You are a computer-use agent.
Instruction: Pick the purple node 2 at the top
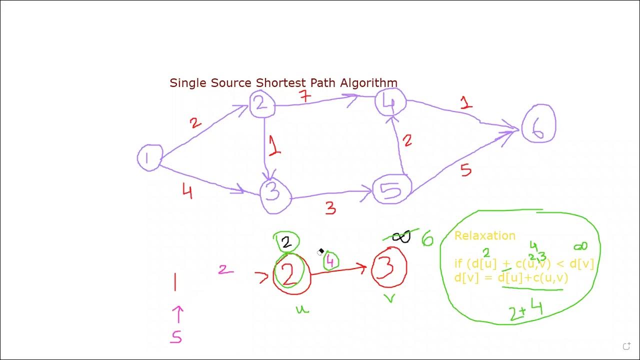[x=262, y=104]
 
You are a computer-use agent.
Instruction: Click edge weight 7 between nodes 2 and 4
[x=304, y=96]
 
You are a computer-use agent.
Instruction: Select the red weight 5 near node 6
[x=466, y=170]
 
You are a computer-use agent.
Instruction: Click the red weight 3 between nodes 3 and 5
[x=330, y=208]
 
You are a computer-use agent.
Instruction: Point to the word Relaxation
[x=484, y=236]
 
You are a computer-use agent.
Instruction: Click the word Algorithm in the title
[x=368, y=83]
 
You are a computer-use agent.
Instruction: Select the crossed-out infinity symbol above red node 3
[x=400, y=237]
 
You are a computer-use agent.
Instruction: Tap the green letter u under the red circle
[x=301, y=309]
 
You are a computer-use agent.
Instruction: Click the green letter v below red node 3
[x=389, y=299]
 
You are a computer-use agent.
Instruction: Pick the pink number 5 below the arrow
[x=176, y=337]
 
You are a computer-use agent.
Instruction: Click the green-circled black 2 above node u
[x=286, y=242]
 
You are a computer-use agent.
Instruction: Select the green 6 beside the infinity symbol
[x=427, y=238]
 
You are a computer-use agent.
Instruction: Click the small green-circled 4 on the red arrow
[x=330, y=261]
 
